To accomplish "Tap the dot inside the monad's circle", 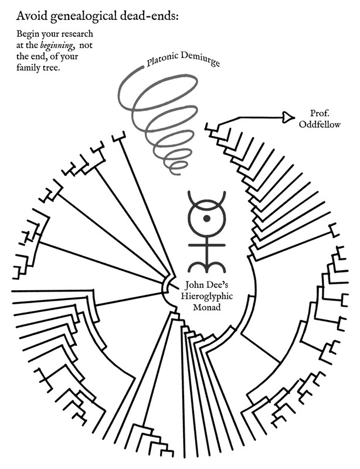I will (206, 219).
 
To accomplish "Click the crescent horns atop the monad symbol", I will (206, 197).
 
